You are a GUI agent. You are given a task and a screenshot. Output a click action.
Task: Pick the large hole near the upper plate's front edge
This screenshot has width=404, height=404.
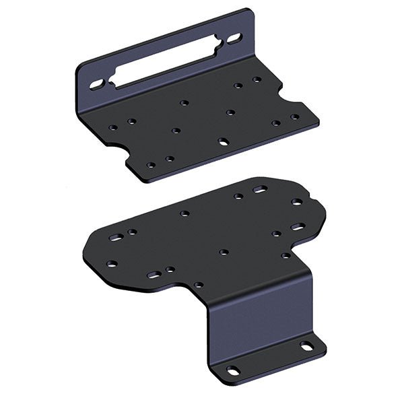coord(223,142)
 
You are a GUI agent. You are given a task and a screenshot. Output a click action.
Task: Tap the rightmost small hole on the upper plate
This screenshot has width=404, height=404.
coord(295,117)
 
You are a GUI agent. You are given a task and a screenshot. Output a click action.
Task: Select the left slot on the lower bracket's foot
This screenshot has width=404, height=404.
coord(232,369)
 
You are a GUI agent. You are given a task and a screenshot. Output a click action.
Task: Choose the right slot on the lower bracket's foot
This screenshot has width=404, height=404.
coord(306,346)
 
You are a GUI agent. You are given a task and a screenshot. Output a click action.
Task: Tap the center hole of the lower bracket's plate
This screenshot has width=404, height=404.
coord(223,252)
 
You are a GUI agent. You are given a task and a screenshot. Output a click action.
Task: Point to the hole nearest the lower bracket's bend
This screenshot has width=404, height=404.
coord(199,285)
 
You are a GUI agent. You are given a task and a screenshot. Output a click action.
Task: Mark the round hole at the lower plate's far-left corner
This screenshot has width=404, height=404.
coord(112,263)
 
